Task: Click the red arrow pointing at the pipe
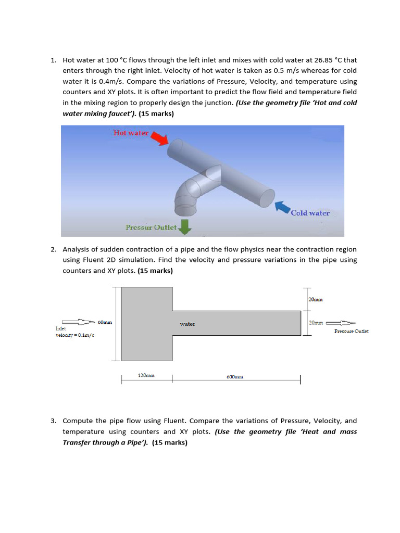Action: click(159, 138)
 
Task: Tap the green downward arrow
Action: click(184, 226)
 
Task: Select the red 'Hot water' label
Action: click(131, 133)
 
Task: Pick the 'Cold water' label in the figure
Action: click(310, 213)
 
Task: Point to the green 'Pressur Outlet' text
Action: click(151, 227)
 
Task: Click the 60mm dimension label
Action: click(105, 323)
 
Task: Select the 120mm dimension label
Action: click(146, 375)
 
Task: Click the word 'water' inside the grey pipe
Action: click(187, 324)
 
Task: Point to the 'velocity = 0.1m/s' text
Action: click(75, 335)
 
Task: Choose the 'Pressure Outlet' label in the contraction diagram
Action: click(351, 331)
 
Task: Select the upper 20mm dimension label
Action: click(316, 300)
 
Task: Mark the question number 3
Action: click(53, 421)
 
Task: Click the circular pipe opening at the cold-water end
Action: click(267, 198)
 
